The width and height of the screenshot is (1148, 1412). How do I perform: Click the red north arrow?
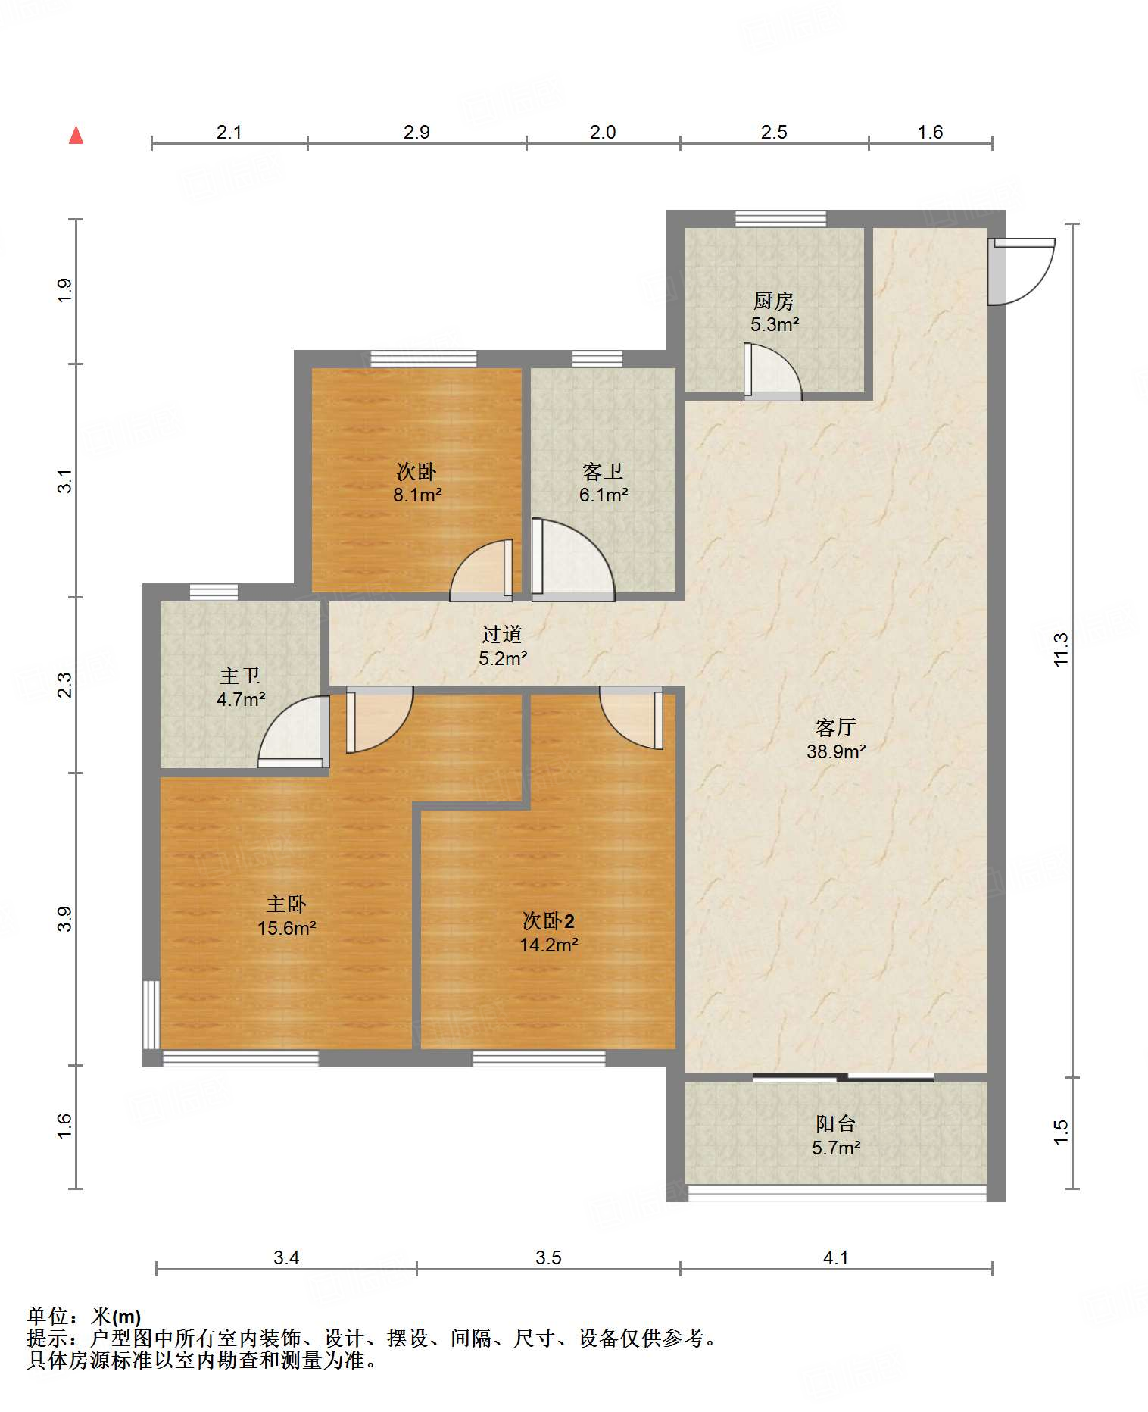pos(76,135)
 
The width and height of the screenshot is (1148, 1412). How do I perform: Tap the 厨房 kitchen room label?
pos(773,301)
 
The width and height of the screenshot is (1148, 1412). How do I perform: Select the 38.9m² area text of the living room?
pos(836,751)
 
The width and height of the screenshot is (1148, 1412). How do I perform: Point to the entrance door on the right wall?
pos(1022,271)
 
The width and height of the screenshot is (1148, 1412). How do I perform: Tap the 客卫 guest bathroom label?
pos(603,472)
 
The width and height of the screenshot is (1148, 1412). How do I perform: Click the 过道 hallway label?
pos(502,634)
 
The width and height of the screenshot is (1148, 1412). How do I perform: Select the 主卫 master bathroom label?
pos(240,676)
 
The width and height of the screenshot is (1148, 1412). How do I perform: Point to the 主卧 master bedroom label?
pos(286,904)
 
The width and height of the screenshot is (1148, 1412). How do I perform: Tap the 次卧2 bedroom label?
pos(548,921)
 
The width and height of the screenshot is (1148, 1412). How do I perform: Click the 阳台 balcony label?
pos(836,1124)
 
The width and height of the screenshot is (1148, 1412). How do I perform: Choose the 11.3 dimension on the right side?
pos(1061,649)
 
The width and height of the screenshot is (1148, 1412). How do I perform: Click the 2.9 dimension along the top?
pos(416,132)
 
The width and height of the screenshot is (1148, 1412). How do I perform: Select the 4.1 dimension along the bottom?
pos(835,1258)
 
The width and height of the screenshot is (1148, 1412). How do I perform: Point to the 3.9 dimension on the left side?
pos(65,918)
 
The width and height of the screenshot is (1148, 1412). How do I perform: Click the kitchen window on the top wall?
pos(781,218)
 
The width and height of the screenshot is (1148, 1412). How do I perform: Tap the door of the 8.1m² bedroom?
pos(482,570)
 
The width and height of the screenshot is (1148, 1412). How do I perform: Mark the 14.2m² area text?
pos(549,945)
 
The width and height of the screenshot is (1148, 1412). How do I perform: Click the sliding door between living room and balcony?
pos(843,1076)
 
